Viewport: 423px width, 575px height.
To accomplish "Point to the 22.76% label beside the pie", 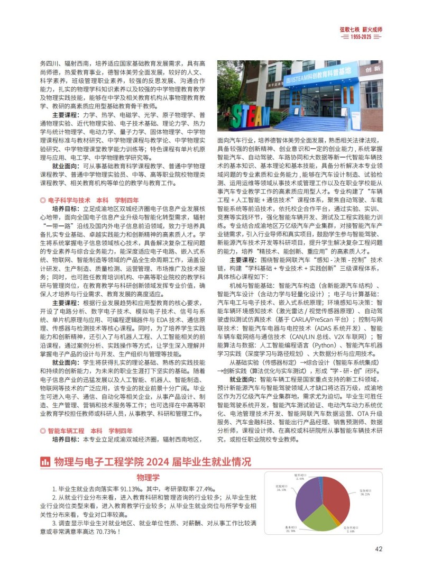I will [290, 530].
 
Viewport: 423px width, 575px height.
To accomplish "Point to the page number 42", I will [379, 549].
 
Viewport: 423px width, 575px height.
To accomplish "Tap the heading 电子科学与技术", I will [69, 200].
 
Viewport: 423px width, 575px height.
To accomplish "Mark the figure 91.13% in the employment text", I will [132, 489].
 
